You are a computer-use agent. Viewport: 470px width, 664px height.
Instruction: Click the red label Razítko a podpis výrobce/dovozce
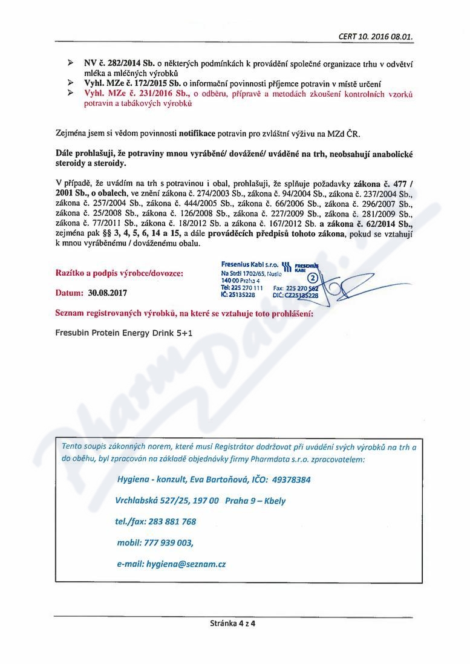click(119, 273)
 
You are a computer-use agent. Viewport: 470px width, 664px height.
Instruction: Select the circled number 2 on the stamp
click(313, 278)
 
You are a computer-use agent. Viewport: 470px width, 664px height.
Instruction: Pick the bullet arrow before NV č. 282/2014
click(71, 63)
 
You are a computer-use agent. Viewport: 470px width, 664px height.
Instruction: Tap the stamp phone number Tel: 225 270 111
click(242, 288)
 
